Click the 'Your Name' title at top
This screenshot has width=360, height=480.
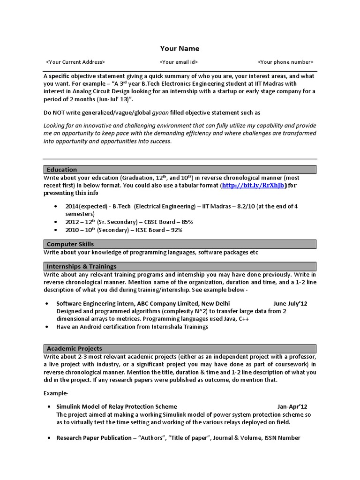point(180,48)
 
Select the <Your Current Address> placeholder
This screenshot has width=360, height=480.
point(75,62)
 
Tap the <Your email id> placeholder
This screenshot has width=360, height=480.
point(179,62)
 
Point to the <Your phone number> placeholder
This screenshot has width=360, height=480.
point(285,62)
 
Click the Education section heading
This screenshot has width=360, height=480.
point(62,170)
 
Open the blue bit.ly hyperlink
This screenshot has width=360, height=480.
point(253,186)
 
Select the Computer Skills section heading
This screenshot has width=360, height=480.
point(70,244)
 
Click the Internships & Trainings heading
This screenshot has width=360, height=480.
point(82,266)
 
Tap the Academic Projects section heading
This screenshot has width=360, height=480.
point(75,349)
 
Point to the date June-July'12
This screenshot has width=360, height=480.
point(290,304)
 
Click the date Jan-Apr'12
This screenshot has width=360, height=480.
point(292,406)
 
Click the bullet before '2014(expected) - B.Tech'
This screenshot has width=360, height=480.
point(56,206)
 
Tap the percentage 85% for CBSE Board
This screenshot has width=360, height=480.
point(187,222)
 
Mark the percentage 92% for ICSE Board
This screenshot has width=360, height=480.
point(176,230)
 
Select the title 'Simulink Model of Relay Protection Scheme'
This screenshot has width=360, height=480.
point(117,406)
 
